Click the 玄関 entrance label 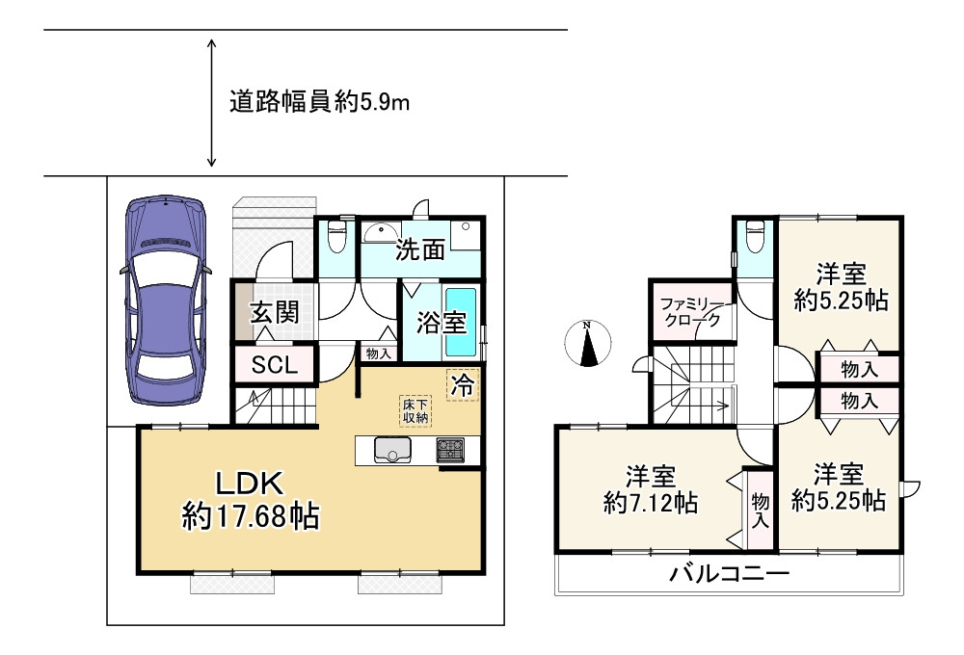pos(275,312)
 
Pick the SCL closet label pos(275,365)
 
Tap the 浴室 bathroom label pos(440,324)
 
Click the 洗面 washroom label pos(421,250)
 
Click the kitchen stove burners pos(450,450)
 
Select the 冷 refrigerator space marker pos(463,386)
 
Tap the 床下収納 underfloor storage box pos(416,410)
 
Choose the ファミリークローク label pos(689,314)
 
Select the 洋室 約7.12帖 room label pos(651,488)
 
